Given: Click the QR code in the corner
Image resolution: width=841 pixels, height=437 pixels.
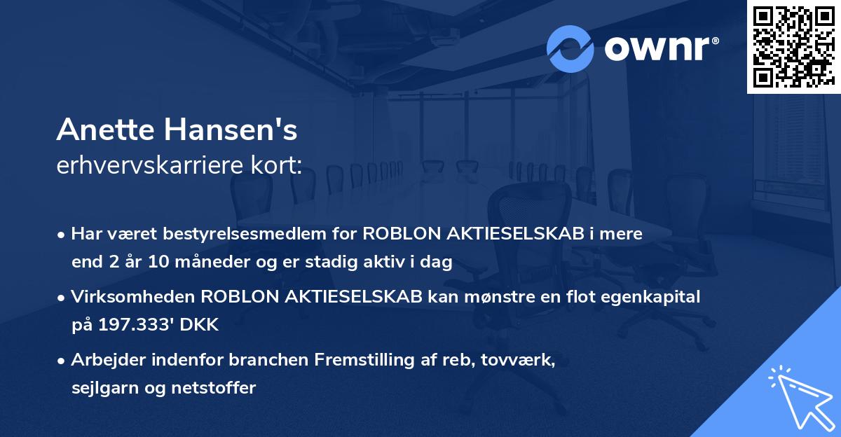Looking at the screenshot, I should (793, 46).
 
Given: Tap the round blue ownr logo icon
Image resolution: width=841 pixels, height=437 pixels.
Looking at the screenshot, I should (570, 48).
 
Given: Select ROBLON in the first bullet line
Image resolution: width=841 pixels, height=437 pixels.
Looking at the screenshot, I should (398, 234).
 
